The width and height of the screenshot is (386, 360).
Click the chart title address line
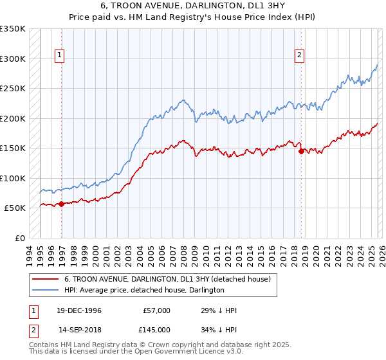point(193,4)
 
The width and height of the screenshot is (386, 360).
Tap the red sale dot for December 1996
point(62,204)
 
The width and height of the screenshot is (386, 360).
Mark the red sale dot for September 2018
point(301,152)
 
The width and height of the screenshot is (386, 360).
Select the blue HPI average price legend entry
point(143,291)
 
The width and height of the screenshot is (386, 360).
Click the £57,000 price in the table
point(155,310)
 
